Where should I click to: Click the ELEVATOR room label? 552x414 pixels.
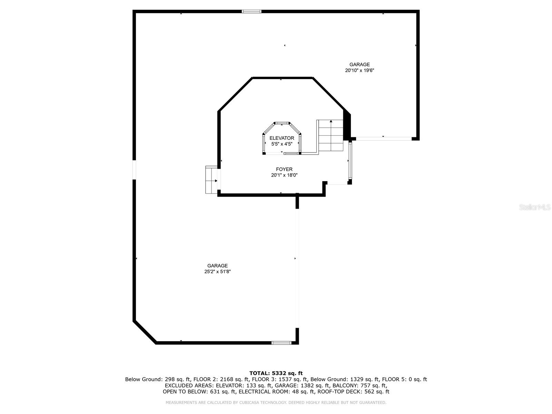click(282, 138)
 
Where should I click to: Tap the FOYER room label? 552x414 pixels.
click(284, 169)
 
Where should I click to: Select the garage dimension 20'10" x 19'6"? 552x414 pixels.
click(359, 70)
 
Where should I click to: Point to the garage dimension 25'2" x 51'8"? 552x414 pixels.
click(218, 272)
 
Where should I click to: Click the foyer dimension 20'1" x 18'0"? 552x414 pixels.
click(284, 175)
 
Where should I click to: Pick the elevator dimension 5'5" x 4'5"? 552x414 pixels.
click(282, 144)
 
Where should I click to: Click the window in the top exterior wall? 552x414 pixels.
click(252, 11)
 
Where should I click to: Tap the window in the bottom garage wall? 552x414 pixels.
click(282, 343)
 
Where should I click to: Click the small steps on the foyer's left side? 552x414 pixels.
click(211, 180)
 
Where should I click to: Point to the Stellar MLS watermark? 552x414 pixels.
click(535, 207)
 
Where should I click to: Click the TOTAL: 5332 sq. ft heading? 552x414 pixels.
click(276, 373)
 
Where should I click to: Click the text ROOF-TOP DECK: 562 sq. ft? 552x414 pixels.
click(353, 391)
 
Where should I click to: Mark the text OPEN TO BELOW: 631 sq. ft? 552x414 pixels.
click(199, 391)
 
